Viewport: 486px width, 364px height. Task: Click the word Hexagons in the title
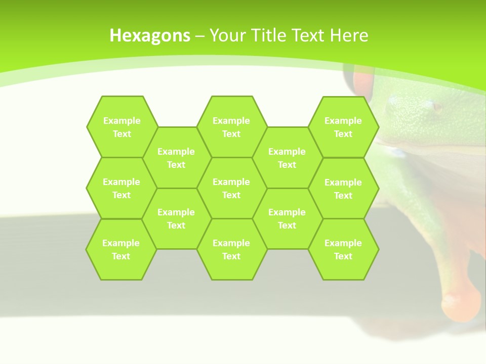(x=150, y=35)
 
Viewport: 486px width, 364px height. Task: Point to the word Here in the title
(x=349, y=35)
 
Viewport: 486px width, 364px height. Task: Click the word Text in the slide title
(x=310, y=35)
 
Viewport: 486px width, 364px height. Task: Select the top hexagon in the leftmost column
(x=121, y=127)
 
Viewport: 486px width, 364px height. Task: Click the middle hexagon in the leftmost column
(x=121, y=188)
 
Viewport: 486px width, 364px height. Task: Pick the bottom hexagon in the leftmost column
(x=121, y=249)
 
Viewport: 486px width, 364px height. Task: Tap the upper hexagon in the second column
(x=176, y=158)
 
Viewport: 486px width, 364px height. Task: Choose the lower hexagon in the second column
(x=176, y=218)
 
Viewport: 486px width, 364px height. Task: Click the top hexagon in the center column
(x=231, y=127)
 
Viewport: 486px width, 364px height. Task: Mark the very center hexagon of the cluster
(x=231, y=188)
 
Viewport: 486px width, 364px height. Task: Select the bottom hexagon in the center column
(x=231, y=249)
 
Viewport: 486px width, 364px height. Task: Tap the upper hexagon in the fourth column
(x=287, y=158)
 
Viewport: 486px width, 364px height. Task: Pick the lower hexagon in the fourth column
(x=287, y=218)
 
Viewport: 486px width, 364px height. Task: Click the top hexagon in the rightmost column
(x=343, y=127)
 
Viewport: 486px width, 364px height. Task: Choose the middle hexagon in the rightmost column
(x=343, y=189)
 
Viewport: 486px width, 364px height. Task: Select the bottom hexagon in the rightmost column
(x=343, y=249)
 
